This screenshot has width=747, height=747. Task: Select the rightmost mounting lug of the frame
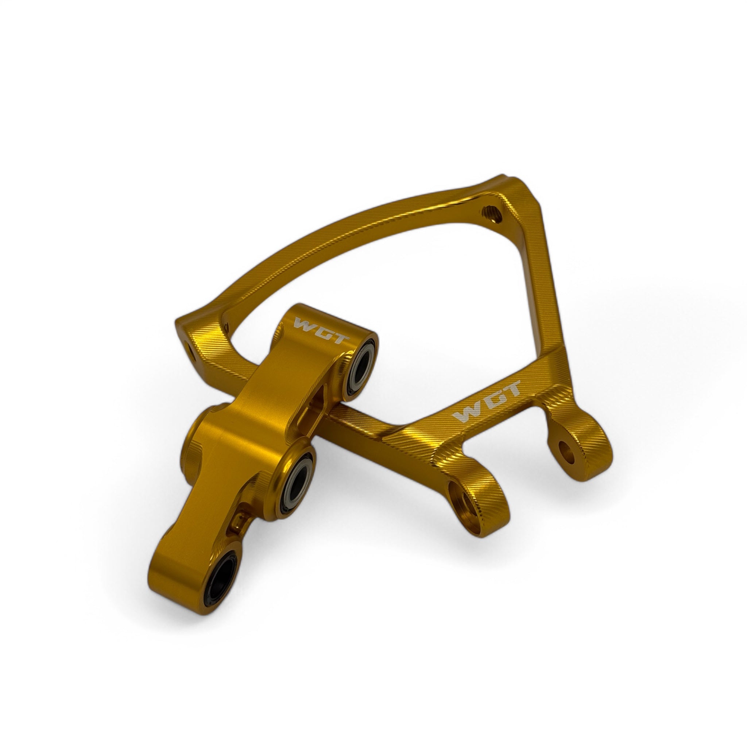coord(580,449)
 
